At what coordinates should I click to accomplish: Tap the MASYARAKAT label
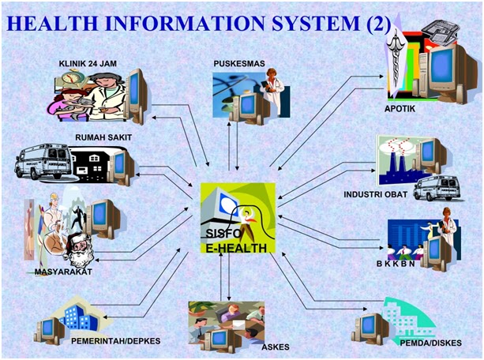62,272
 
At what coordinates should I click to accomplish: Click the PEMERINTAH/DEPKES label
115,340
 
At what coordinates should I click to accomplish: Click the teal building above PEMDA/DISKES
407,317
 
